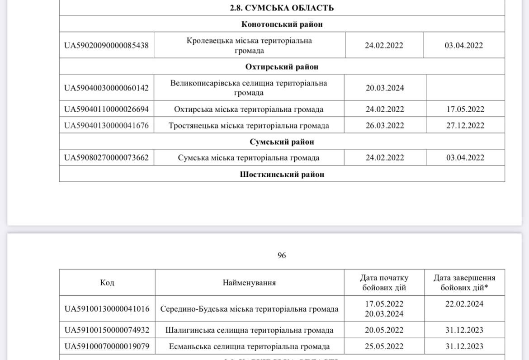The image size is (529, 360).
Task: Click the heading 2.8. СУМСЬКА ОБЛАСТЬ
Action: pos(282,8)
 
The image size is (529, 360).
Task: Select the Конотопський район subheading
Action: pos(282,24)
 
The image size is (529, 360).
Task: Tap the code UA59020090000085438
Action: pos(106,45)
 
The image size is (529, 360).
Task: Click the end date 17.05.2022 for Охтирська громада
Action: pos(465,109)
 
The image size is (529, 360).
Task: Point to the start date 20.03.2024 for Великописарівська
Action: pos(385,88)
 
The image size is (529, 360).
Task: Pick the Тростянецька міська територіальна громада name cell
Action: pos(249,125)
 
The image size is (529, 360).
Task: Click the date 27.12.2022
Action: pos(465,125)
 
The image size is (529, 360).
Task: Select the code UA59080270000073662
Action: pos(106,157)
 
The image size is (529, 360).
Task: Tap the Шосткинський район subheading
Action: pos(282,174)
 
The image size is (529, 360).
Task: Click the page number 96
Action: pos(282,256)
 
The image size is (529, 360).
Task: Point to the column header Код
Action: pos(107,283)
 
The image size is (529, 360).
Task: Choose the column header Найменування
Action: pos(249,283)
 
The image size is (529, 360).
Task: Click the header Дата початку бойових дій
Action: pos(384,283)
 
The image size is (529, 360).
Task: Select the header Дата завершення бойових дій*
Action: pos(464,283)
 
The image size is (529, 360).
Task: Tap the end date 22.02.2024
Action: pos(464,304)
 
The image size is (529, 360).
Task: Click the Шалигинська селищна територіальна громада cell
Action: pos(249,330)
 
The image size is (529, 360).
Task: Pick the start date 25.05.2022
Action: pos(384,346)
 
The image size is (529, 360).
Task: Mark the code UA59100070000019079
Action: pos(107,346)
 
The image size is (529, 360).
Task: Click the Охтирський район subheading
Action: pos(282,67)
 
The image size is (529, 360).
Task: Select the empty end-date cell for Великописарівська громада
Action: pos(465,88)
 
